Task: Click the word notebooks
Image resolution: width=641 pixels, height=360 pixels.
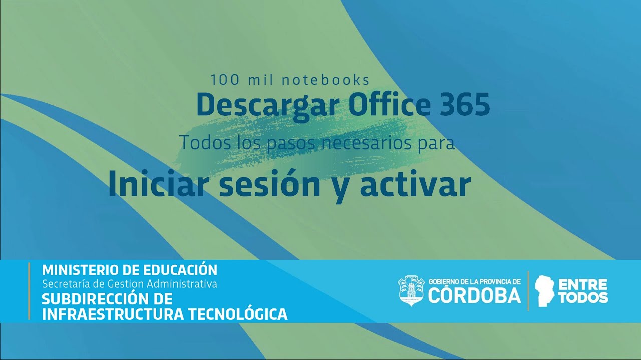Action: pyautogui.click(x=326, y=80)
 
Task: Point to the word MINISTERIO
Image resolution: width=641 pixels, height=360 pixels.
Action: pyautogui.click(x=80, y=270)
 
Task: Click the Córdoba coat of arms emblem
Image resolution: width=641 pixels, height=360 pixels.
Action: pyautogui.click(x=411, y=290)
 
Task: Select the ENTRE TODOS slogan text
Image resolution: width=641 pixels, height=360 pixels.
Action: pyautogui.click(x=582, y=291)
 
